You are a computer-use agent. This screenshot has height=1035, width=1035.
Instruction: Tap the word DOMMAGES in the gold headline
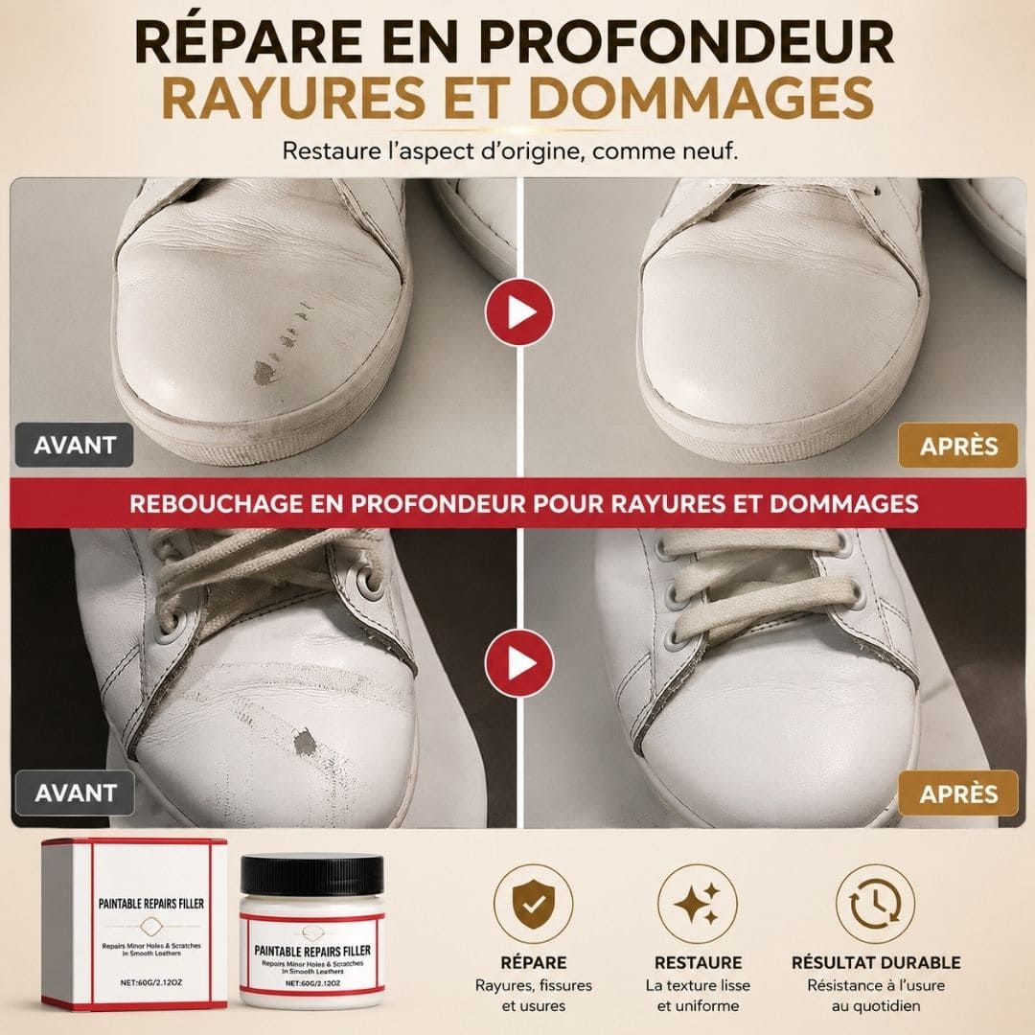pyautogui.click(x=701, y=98)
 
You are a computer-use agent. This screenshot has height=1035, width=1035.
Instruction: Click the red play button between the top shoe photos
pyautogui.click(x=519, y=312)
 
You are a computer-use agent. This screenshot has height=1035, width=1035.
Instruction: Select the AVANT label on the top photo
pyautogui.click(x=75, y=445)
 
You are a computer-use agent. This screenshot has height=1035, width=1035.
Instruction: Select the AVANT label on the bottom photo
pyautogui.click(x=76, y=793)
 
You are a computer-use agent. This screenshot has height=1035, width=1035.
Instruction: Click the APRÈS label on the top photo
pyautogui.click(x=958, y=446)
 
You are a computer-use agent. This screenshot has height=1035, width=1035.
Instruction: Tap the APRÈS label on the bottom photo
pyautogui.click(x=958, y=793)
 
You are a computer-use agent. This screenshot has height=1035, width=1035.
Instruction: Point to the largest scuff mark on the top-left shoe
pyautogui.click(x=265, y=373)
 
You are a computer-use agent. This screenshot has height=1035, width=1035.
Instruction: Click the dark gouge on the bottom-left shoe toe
pyautogui.click(x=305, y=742)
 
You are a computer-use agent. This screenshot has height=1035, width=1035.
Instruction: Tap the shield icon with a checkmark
pyautogui.click(x=534, y=904)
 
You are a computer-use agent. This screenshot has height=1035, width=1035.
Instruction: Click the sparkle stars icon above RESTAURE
pyautogui.click(x=698, y=904)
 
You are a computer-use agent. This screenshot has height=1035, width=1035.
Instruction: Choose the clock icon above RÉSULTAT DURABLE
pyautogui.click(x=875, y=904)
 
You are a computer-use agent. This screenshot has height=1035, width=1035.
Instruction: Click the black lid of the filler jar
pyautogui.click(x=311, y=875)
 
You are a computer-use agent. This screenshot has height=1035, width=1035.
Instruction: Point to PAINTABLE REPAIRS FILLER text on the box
pyautogui.click(x=151, y=904)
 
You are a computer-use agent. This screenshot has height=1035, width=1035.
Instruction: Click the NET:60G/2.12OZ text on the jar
pyautogui.click(x=312, y=983)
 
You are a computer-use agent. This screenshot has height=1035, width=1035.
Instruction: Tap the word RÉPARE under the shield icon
pyautogui.click(x=534, y=962)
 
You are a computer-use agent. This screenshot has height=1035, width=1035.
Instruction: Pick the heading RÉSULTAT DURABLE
pyautogui.click(x=876, y=962)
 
